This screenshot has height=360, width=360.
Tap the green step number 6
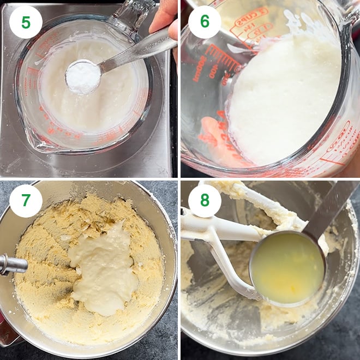(x=205, y=21)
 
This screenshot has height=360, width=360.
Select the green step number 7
(x=26, y=201)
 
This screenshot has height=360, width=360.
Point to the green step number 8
(x=205, y=201)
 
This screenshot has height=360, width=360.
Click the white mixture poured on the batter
(x=104, y=267)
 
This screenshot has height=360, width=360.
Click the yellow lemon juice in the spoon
(x=286, y=267)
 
